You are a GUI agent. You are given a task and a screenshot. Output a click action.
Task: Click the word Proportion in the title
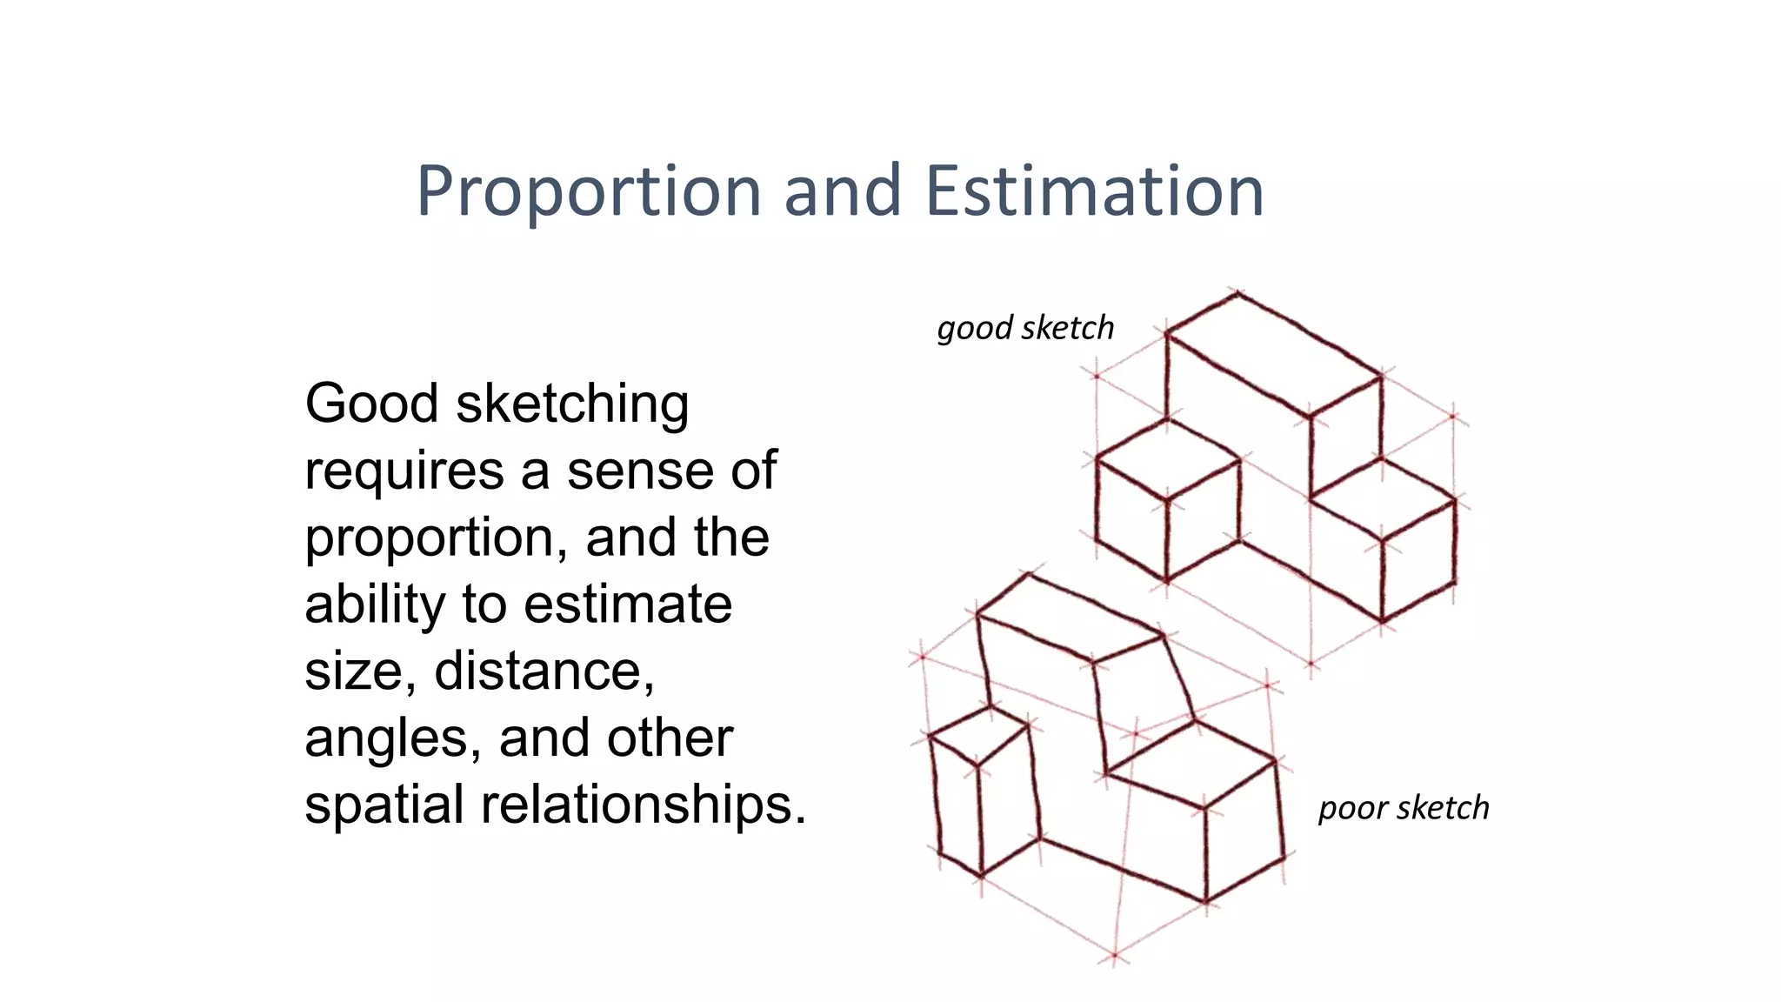[x=589, y=192]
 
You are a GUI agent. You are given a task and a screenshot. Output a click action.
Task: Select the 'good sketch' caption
[x=1025, y=329]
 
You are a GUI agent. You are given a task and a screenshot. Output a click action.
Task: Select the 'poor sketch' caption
[x=1403, y=808]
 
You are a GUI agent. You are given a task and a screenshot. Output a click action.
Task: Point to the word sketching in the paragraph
[x=572, y=405]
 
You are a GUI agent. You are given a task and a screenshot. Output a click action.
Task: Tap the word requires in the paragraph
[x=404, y=471]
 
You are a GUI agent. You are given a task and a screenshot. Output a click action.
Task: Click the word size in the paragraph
[x=352, y=671]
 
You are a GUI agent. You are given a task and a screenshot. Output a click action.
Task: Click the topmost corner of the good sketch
[x=1237, y=293]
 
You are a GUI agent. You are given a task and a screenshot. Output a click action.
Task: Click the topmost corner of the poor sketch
[x=1030, y=573]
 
